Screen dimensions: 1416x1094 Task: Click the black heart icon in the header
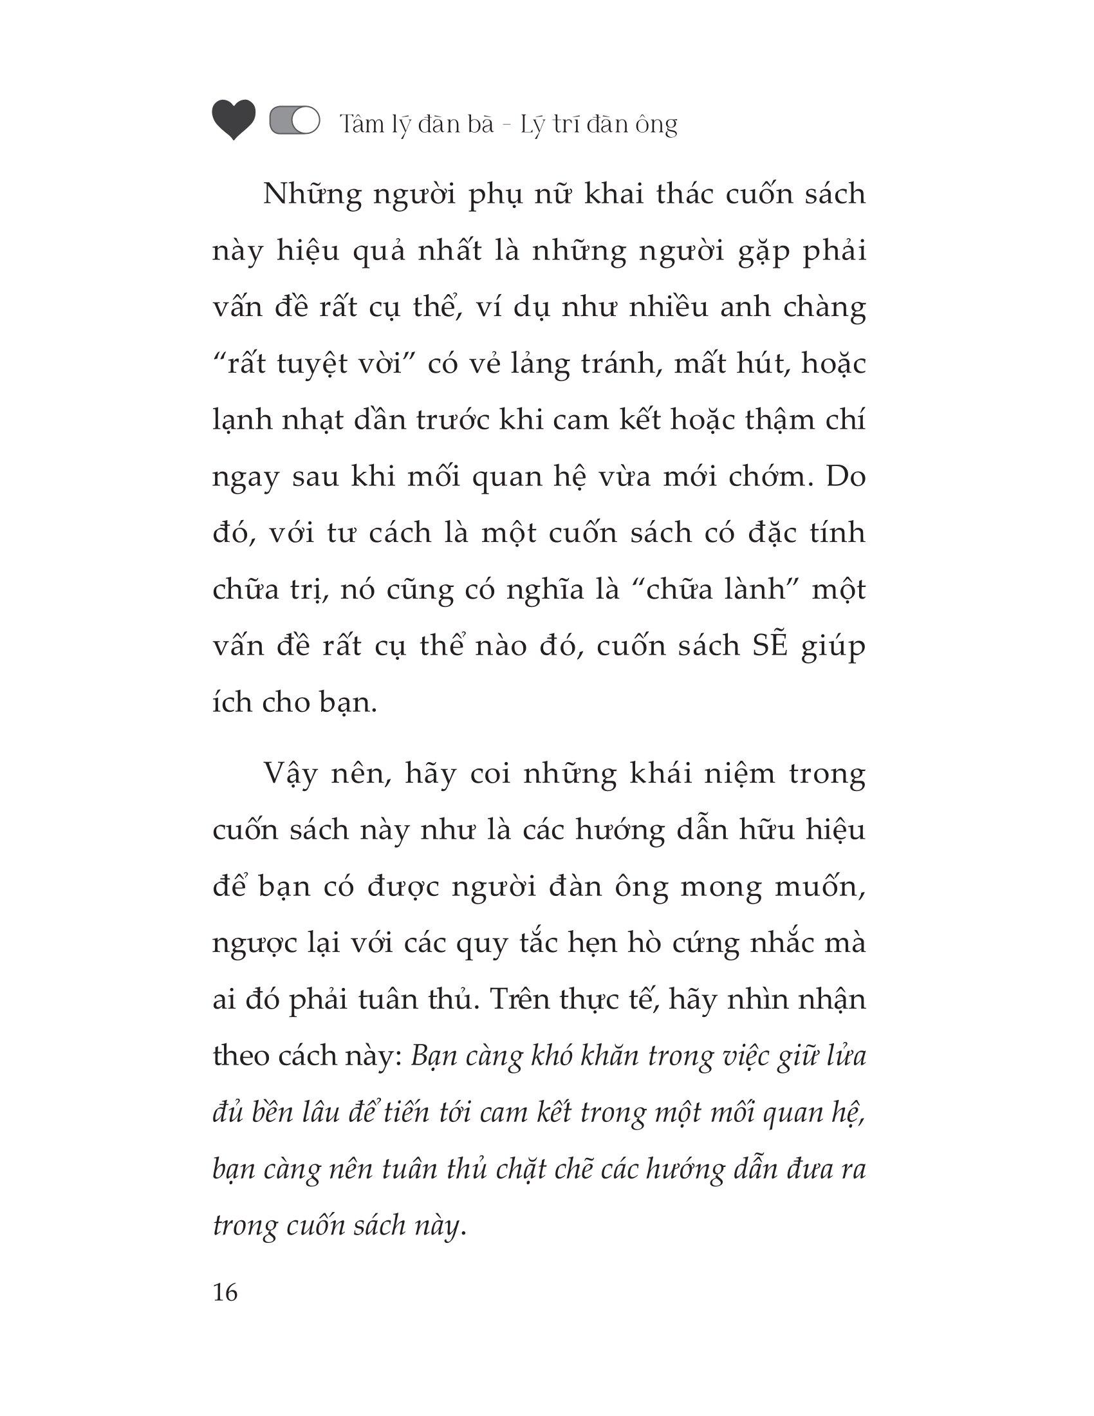tap(234, 120)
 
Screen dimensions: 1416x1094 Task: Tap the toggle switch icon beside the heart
tap(294, 121)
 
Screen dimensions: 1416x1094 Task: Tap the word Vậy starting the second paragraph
tap(288, 774)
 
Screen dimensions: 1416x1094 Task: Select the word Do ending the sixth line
tap(846, 477)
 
